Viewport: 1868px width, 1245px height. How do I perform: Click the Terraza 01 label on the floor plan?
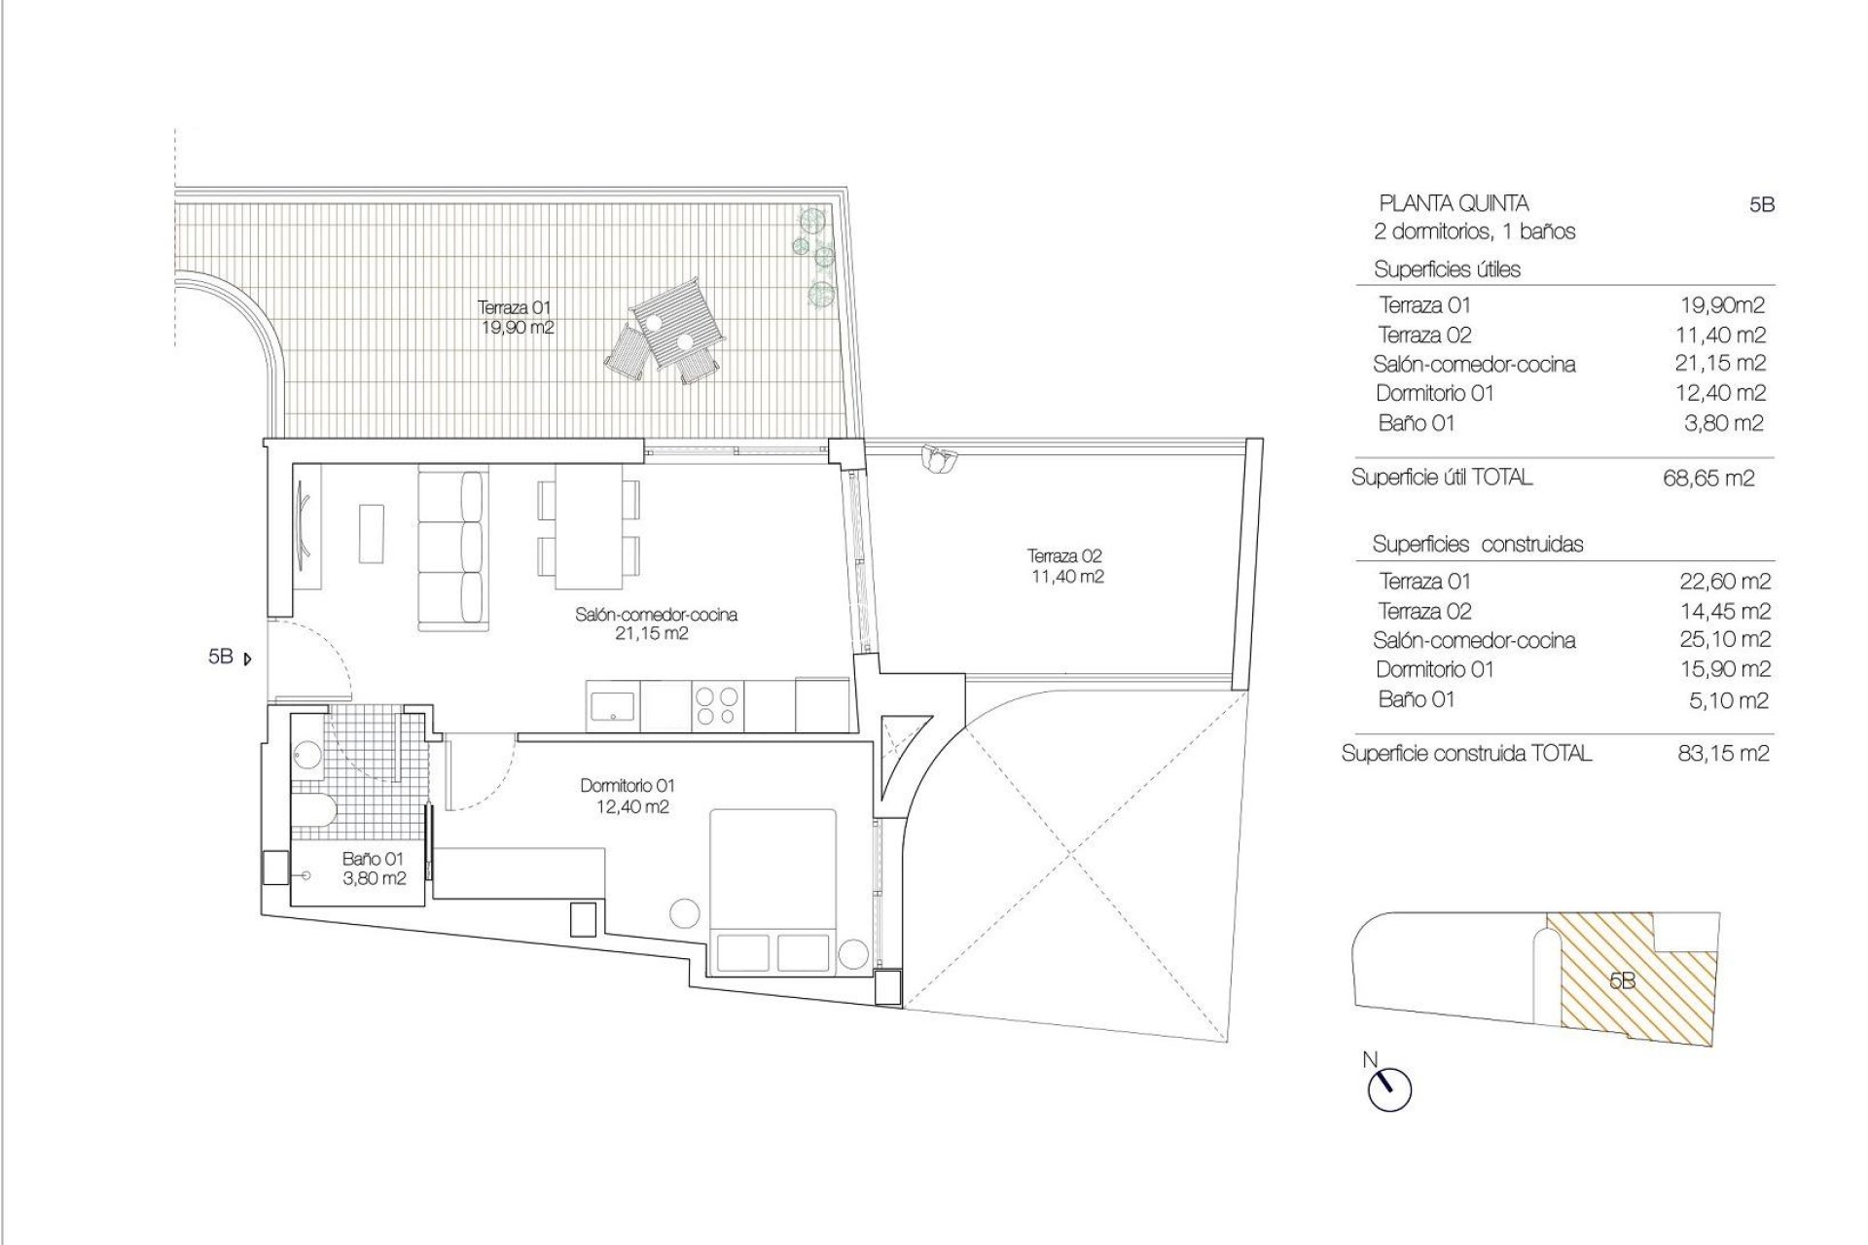[x=517, y=317]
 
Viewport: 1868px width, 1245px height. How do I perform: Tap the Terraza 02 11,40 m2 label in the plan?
[x=1065, y=566]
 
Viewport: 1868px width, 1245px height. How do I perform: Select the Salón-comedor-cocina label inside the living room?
[x=656, y=623]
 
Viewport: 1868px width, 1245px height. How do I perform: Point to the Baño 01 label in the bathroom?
[x=373, y=869]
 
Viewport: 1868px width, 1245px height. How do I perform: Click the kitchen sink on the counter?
[x=613, y=706]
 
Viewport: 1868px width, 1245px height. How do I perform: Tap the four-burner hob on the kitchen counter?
[x=718, y=706]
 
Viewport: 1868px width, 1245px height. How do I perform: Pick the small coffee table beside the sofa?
[x=372, y=532]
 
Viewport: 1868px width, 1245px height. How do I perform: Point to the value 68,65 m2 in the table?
[x=1708, y=479]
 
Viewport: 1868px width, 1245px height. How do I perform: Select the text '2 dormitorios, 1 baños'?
[x=1474, y=231]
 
